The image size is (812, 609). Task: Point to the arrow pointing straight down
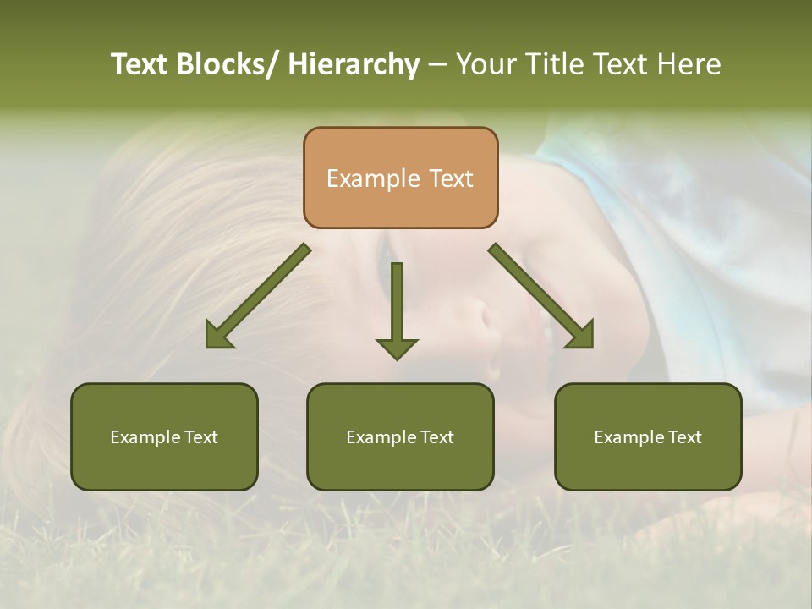(397, 309)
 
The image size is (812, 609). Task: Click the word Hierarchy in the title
(354, 65)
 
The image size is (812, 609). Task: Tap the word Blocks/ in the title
(223, 65)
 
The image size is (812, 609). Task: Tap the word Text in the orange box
(450, 178)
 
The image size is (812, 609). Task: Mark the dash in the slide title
(437, 65)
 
